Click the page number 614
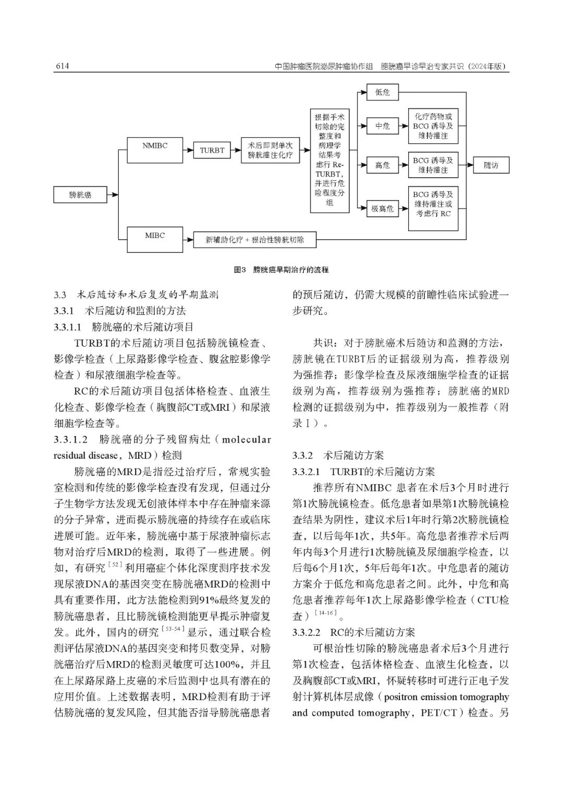coord(62,67)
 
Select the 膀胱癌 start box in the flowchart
coord(80,195)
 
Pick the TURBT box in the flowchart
coord(212,151)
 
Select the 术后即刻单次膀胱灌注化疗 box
coord(270,151)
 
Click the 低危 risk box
coord(382,93)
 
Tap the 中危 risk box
coord(382,126)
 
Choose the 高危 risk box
coord(382,165)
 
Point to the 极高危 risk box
coord(382,209)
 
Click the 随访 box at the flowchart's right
coord(491,165)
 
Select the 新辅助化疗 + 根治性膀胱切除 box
coord(254,240)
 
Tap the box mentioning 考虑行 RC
coord(433,209)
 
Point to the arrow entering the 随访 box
coord(467,165)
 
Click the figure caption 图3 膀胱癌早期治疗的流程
coord(281,270)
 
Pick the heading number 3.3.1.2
coord(70,439)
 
